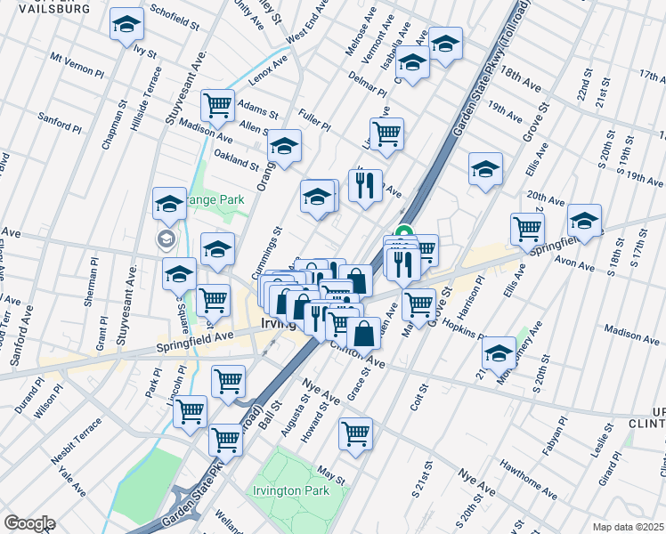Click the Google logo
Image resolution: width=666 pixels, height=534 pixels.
[29, 523]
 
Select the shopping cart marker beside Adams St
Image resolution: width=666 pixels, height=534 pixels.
[218, 106]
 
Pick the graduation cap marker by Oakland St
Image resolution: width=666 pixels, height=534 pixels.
[284, 147]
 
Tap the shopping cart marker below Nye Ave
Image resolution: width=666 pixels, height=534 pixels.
[355, 434]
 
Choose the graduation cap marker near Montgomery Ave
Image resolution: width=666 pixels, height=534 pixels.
[499, 353]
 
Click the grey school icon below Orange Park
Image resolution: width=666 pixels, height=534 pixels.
[166, 239]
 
